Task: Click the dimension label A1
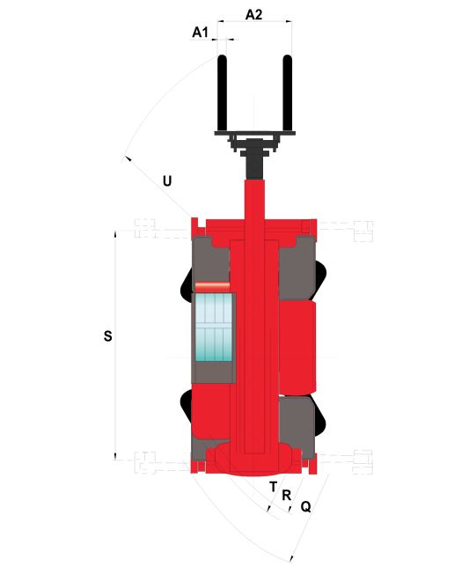[200, 33]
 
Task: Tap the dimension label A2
[253, 15]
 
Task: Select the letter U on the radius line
[167, 181]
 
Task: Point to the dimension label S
[107, 335]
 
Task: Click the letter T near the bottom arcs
[273, 487]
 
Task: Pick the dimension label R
[286, 496]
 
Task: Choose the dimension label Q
[306, 506]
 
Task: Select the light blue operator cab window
[214, 327]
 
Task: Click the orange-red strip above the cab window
[212, 285]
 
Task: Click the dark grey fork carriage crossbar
[255, 133]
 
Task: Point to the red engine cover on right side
[297, 348]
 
